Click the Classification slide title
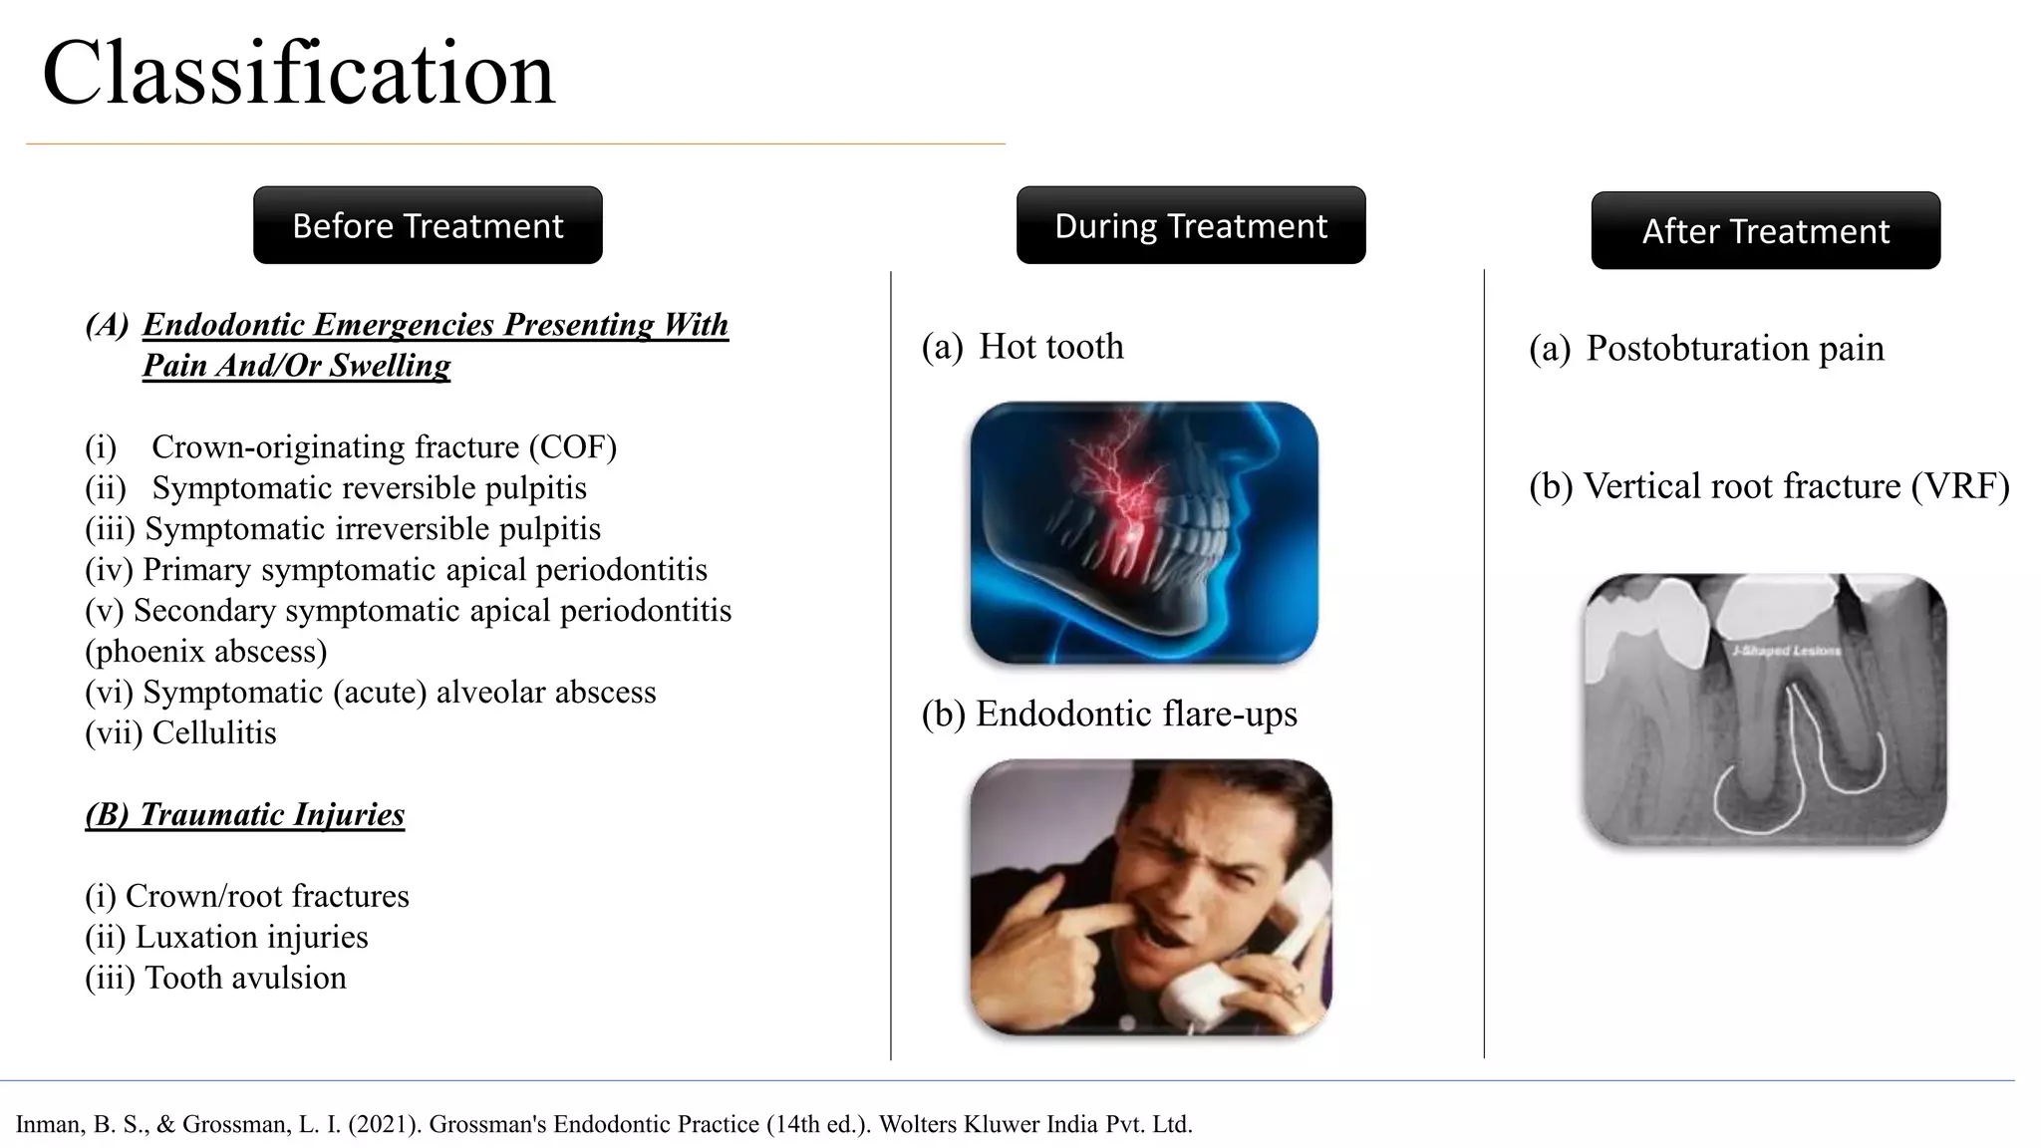[x=297, y=74]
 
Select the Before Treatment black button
[x=428, y=226]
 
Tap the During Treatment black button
[x=1190, y=226]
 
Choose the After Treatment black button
[x=1765, y=231]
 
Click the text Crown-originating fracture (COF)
[x=384, y=447]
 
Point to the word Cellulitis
[x=213, y=733]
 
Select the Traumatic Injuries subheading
[x=245, y=815]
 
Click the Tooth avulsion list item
[x=245, y=979]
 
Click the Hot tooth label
[x=1050, y=347]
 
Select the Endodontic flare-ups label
[x=1136, y=715]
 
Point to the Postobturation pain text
[x=1734, y=349]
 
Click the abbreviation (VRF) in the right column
[x=1959, y=487]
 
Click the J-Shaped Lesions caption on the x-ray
[x=1786, y=651]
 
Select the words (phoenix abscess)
[x=205, y=652]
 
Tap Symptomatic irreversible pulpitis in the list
[x=372, y=529]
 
